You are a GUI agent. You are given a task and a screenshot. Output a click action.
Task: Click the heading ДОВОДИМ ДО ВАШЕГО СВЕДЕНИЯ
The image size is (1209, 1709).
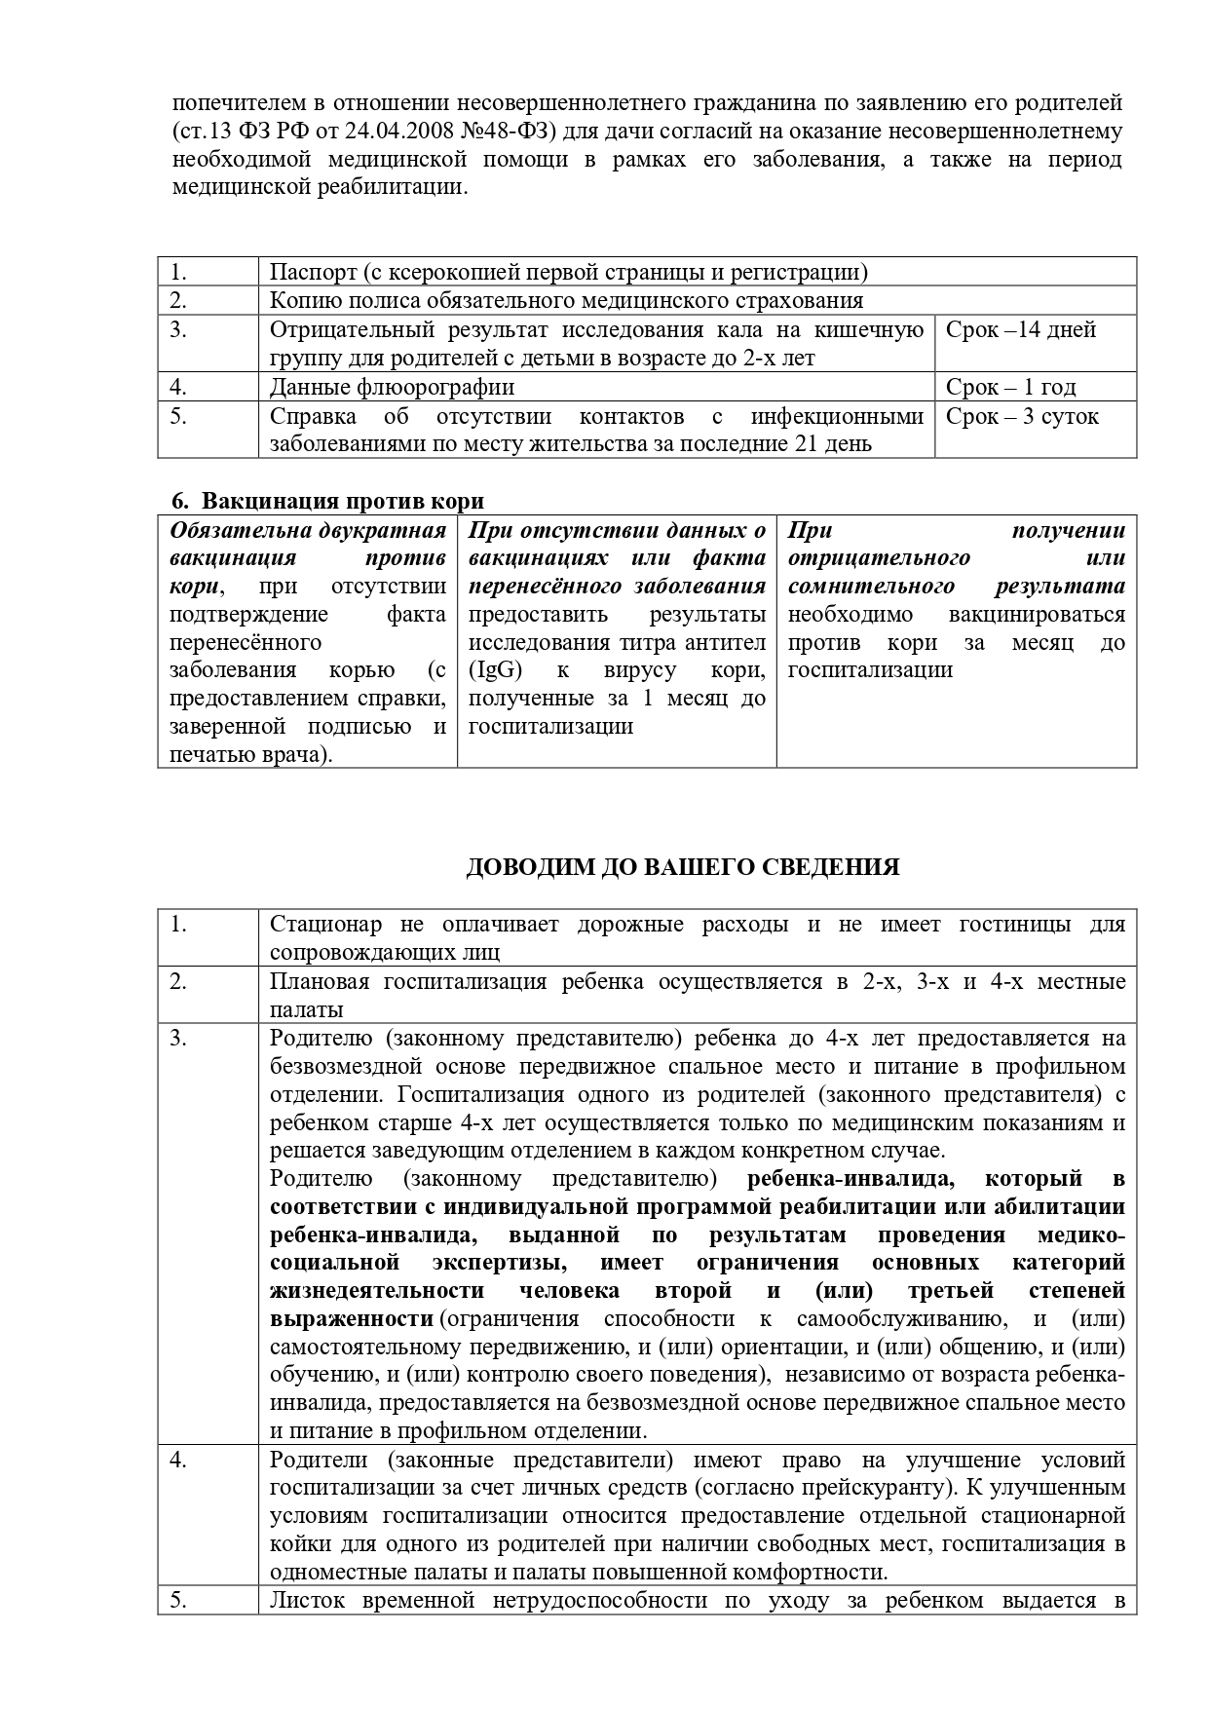682,867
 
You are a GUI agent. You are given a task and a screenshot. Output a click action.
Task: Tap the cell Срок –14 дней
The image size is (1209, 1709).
1021,330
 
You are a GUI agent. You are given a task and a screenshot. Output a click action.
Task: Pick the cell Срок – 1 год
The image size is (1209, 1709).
1010,388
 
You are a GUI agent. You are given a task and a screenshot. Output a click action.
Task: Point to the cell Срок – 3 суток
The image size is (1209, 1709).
1022,417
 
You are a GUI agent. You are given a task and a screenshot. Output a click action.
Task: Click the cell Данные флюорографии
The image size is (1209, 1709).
392,388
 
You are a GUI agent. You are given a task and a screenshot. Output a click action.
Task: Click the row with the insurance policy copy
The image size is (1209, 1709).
565,301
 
